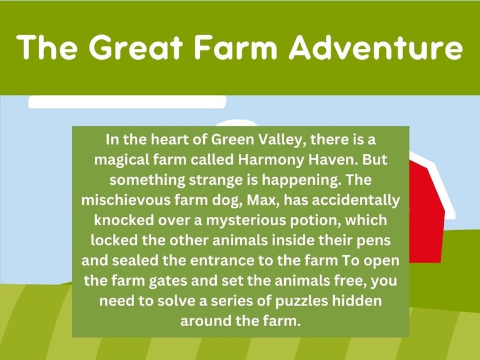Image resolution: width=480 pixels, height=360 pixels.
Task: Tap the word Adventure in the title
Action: tap(375, 47)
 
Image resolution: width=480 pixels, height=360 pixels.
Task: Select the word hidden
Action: tap(362, 300)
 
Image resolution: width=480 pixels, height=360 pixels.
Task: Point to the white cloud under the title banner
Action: tap(127, 101)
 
